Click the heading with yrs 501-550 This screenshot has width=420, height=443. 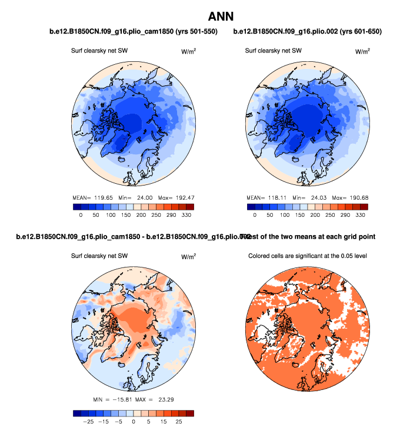[133, 32]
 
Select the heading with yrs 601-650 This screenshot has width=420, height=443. [308, 32]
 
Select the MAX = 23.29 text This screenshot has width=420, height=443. [155, 401]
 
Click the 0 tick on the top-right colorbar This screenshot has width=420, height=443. [254, 216]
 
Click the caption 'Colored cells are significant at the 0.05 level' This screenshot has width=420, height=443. [308, 256]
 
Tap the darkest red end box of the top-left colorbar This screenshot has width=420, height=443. [189, 207]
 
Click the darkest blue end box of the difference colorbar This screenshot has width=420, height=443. [76, 413]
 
